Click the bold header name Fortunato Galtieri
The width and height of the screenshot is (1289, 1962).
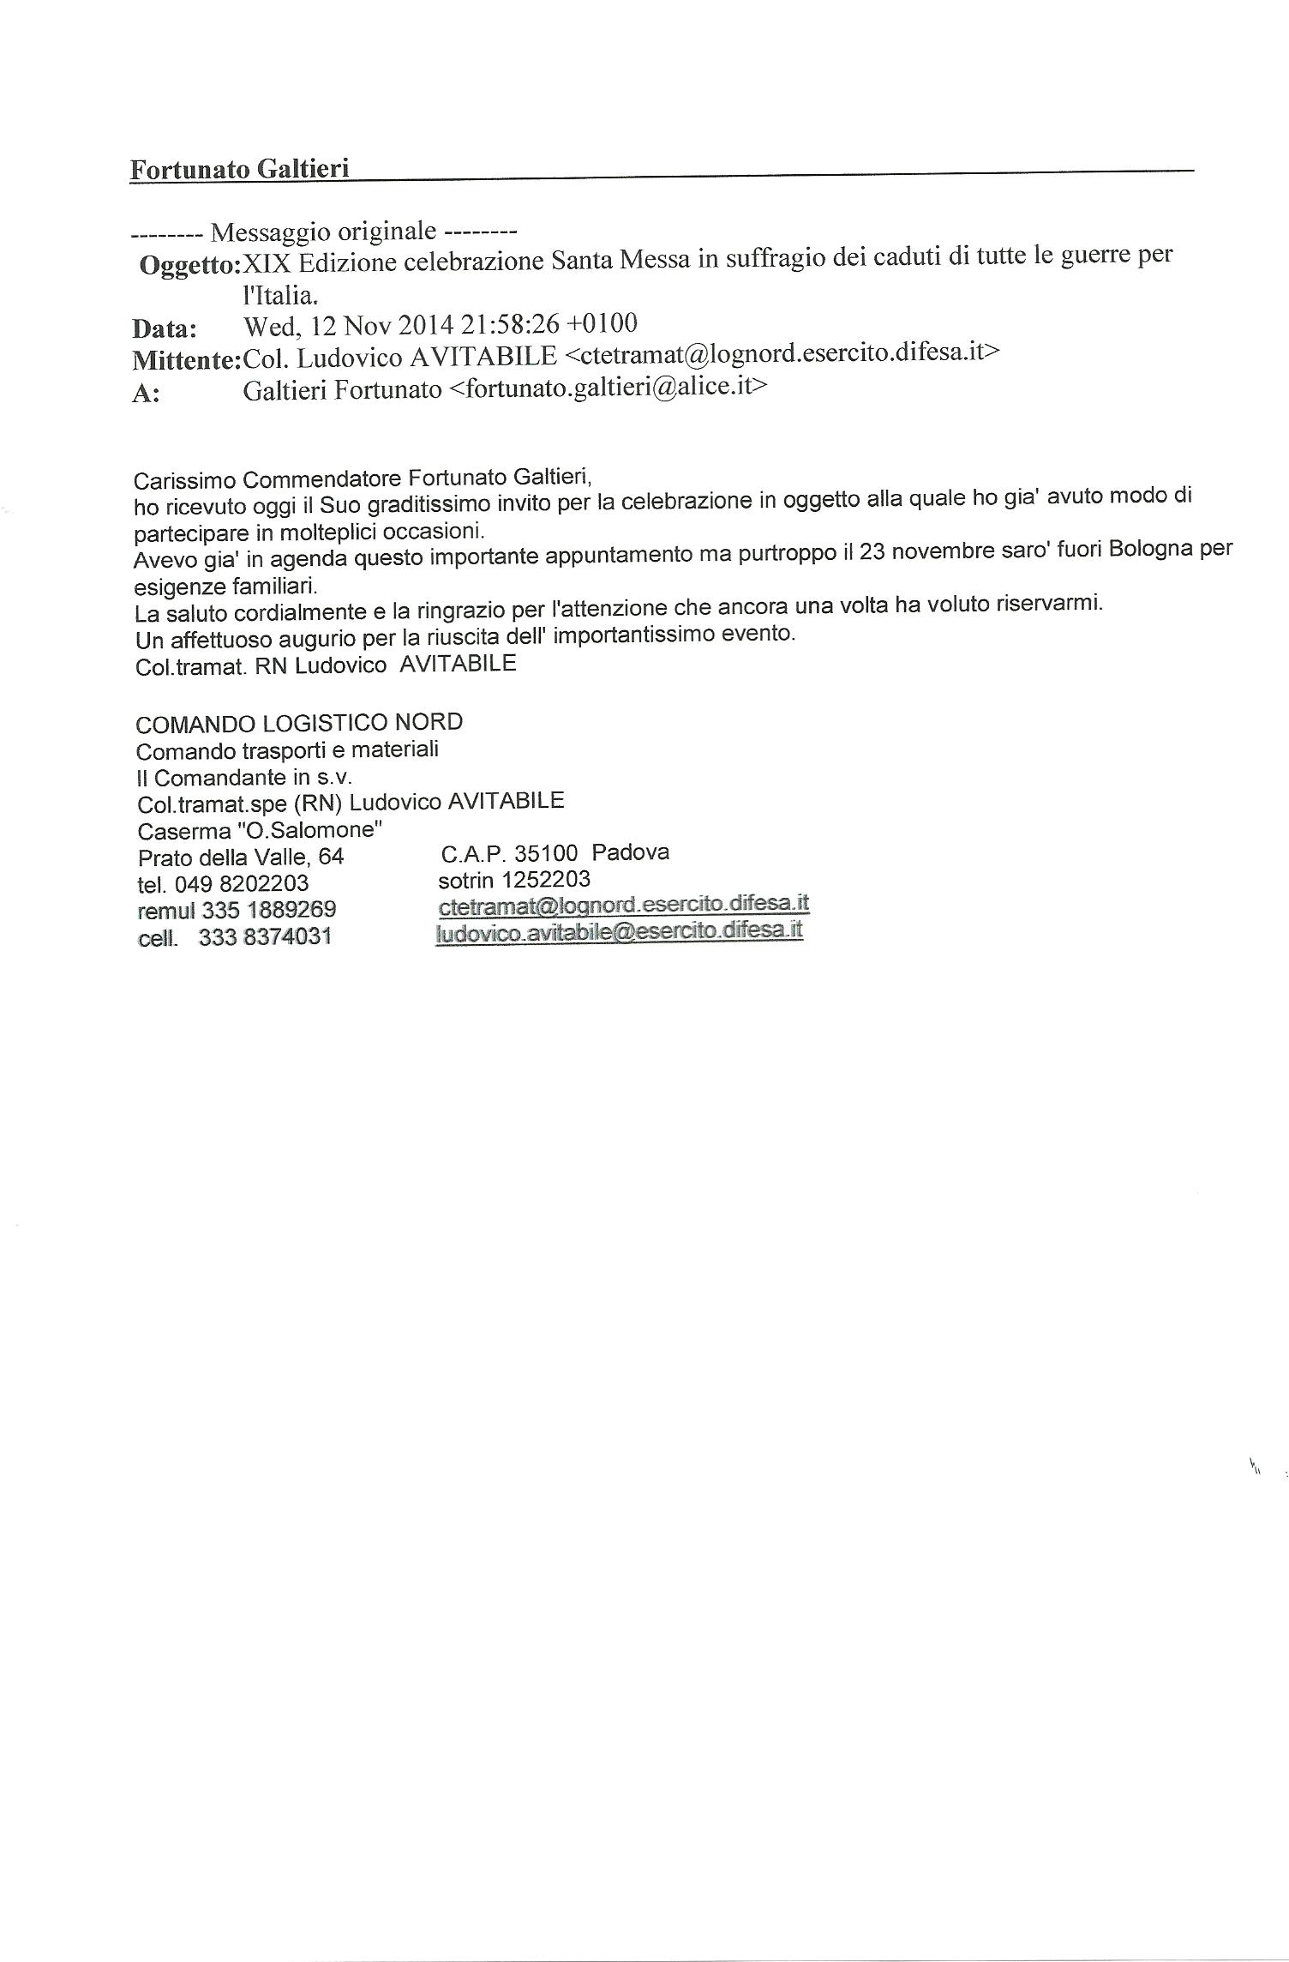coord(239,168)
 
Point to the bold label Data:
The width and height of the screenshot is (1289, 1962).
coord(164,329)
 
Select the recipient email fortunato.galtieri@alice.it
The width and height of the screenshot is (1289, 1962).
coord(608,388)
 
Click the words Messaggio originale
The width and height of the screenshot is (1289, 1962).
coord(324,232)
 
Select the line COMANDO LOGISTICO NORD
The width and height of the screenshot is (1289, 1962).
coord(299,723)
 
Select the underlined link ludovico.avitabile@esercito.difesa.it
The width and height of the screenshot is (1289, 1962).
coord(619,932)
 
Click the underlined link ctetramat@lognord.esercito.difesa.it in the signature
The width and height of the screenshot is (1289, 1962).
coord(623,905)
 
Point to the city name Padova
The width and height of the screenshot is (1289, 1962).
coord(631,852)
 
